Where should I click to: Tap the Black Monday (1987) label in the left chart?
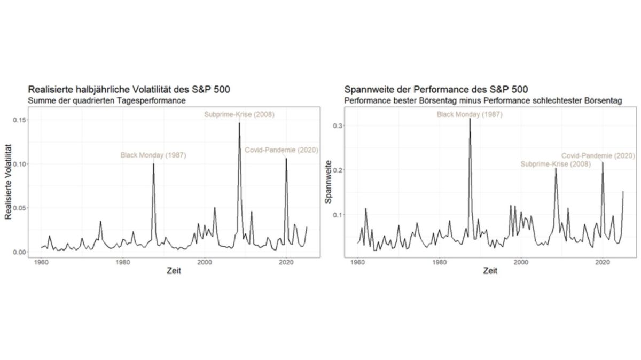(153, 155)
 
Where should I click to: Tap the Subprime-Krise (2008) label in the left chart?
(239, 114)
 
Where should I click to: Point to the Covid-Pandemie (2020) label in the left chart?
(280, 150)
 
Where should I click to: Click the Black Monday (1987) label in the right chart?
(470, 114)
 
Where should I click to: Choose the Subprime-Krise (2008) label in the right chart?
(556, 164)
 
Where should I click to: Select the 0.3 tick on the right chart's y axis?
(338, 126)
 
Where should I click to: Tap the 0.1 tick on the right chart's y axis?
(338, 215)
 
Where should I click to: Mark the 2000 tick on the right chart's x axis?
(521, 262)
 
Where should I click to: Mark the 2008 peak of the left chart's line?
(239, 123)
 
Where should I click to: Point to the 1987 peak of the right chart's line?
(470, 119)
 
